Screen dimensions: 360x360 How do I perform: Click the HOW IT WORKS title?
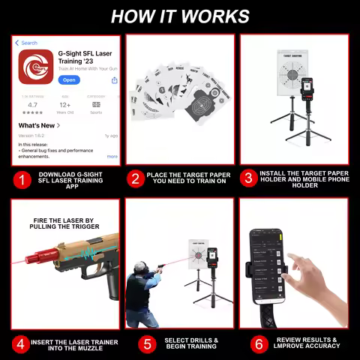(x=180, y=16)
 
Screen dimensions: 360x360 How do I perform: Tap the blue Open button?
(x=69, y=79)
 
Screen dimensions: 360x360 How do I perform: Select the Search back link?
(x=28, y=43)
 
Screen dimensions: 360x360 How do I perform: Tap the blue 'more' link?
(x=112, y=156)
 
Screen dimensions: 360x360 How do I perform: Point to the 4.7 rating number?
(x=33, y=104)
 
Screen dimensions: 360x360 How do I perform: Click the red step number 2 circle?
(x=136, y=179)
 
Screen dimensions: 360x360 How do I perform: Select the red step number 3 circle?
(x=248, y=179)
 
